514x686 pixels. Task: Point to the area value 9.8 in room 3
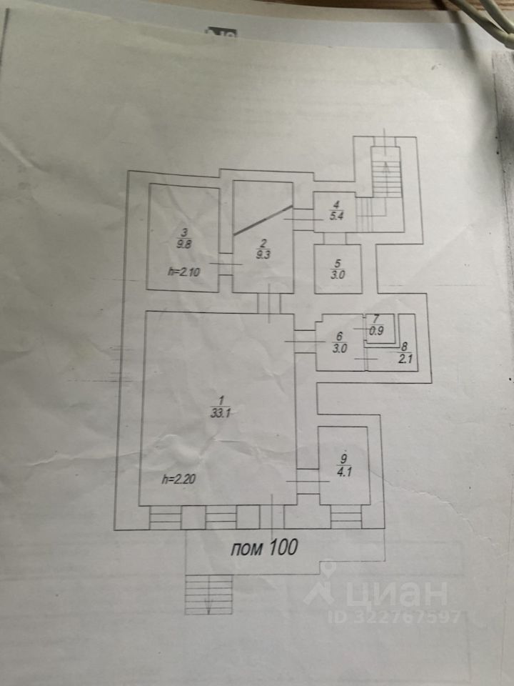pyautogui.click(x=183, y=243)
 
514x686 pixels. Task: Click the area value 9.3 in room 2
pyautogui.click(x=262, y=253)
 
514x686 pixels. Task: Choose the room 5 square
pyautogui.click(x=338, y=269)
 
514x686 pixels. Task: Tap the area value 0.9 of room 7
pyautogui.click(x=377, y=331)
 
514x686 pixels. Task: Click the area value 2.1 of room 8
pyautogui.click(x=406, y=359)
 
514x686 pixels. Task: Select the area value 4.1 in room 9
pyautogui.click(x=343, y=472)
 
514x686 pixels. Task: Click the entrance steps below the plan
pyautogui.click(x=209, y=594)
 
